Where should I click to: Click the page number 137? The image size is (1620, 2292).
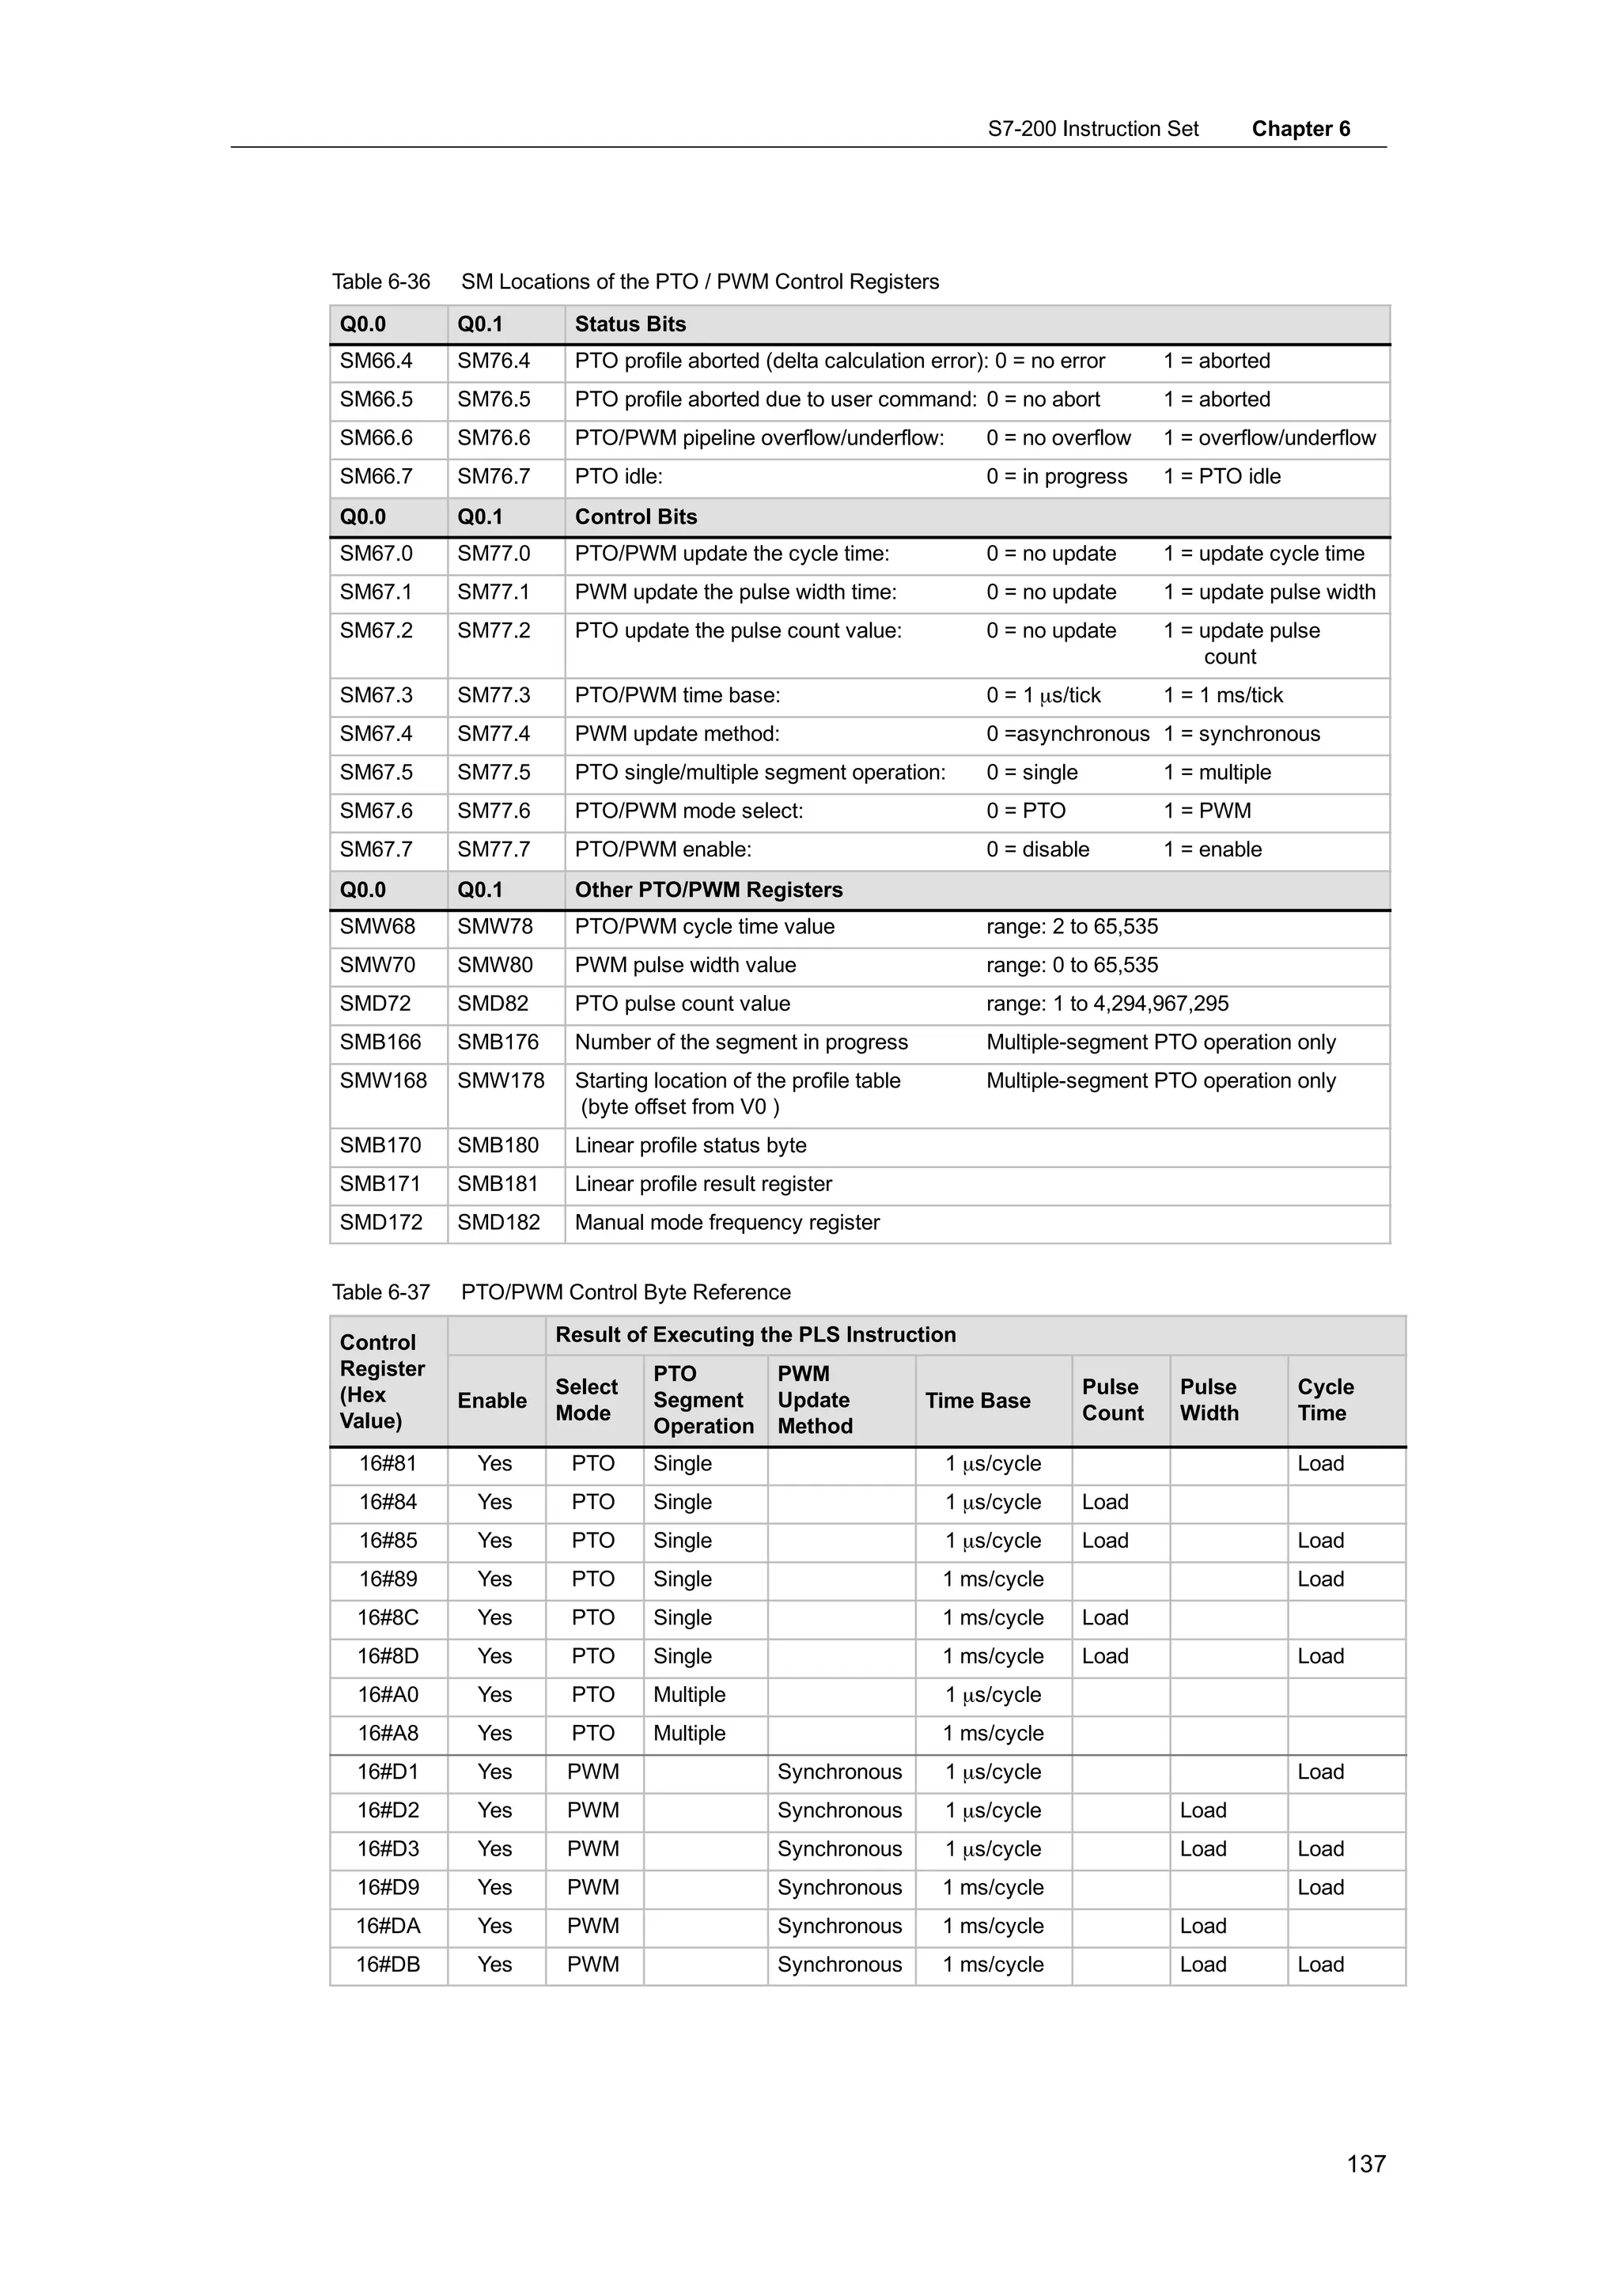1365,2163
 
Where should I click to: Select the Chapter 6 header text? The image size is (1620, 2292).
1300,129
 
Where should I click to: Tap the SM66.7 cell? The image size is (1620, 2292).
377,476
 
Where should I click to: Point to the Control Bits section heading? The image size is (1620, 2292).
636,516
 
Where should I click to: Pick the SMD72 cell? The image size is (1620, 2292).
375,1004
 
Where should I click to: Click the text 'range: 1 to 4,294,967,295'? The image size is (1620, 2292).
1107,1004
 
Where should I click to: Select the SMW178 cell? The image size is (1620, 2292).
501,1080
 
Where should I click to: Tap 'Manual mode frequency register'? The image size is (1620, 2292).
727,1222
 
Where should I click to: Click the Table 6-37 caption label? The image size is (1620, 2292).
380,1292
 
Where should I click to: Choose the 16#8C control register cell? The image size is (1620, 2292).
388,1617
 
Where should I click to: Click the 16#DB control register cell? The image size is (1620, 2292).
388,1964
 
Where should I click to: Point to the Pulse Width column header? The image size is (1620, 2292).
1208,1400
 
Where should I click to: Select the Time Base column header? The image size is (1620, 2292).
977,1401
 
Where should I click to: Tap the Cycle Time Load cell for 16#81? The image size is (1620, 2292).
1320,1463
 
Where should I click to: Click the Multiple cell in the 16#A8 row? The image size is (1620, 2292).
689,1733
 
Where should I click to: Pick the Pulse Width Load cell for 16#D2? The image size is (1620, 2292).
1203,1810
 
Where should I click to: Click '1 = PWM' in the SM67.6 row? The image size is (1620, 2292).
1207,811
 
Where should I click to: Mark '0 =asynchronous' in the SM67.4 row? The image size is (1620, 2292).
1067,734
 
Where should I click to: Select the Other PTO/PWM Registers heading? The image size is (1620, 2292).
708,890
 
